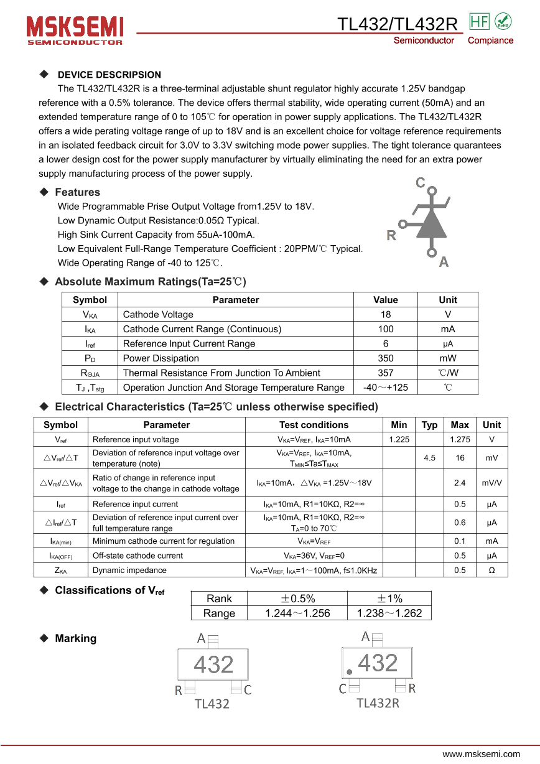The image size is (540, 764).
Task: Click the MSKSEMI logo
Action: (75, 29)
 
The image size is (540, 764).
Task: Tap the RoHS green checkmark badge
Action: (503, 21)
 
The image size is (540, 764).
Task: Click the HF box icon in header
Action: (480, 21)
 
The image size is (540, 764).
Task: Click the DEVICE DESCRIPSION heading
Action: (109, 75)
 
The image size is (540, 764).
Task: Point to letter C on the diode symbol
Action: (421, 182)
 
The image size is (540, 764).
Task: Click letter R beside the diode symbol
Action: (391, 235)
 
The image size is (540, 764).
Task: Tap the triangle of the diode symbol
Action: (432, 222)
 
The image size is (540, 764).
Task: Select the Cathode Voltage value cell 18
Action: (386, 315)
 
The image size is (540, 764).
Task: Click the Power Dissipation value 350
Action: (386, 358)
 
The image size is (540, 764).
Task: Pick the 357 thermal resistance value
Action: (386, 373)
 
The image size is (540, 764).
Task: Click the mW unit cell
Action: (448, 358)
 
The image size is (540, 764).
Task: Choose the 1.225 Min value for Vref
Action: (399, 440)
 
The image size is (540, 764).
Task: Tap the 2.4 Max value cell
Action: (460, 483)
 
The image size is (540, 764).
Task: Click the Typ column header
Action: (429, 425)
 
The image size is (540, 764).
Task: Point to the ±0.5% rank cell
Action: (297, 599)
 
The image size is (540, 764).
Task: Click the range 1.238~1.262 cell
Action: (389, 613)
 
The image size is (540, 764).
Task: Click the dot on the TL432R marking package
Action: (349, 672)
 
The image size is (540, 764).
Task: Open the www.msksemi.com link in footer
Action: (481, 754)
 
